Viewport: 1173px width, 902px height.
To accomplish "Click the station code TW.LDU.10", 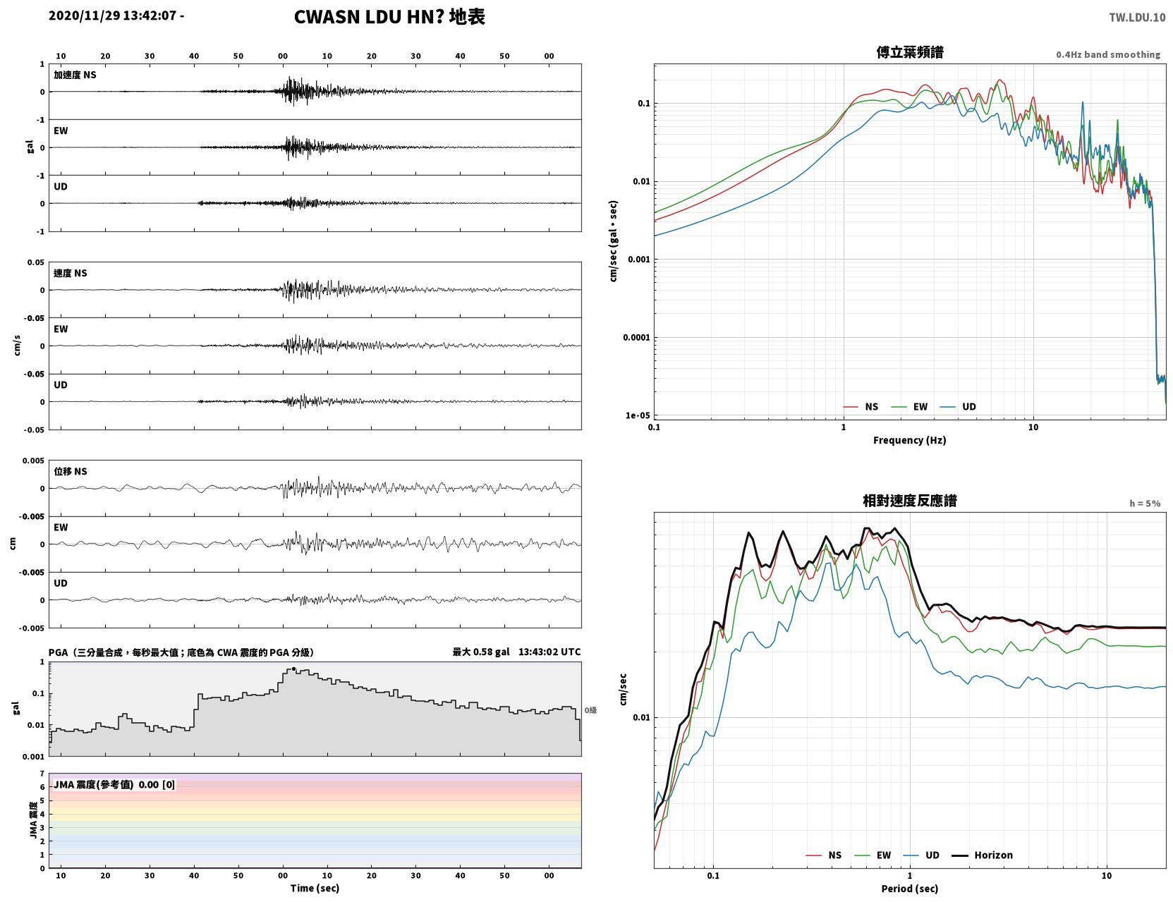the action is click(1137, 18).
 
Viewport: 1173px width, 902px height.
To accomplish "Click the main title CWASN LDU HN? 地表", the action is click(389, 17).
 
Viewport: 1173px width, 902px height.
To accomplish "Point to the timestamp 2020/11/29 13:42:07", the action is click(112, 16).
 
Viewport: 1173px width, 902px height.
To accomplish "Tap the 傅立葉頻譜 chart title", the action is click(910, 52).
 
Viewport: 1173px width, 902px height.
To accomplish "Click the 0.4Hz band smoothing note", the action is click(1107, 54).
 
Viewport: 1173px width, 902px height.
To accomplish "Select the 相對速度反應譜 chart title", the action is click(910, 501).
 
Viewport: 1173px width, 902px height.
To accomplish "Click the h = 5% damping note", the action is click(1144, 504).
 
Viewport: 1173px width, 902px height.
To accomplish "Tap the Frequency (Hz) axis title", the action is click(910, 440).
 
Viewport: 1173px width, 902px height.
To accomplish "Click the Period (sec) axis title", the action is click(910, 889).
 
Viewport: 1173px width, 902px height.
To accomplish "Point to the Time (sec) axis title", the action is click(315, 888).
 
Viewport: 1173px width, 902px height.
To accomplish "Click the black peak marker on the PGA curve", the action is click(293, 669).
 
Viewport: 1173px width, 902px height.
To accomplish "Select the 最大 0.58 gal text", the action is click(481, 652).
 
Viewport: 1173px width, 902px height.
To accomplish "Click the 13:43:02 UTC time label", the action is click(549, 652).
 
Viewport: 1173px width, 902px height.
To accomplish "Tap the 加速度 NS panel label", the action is click(75, 75).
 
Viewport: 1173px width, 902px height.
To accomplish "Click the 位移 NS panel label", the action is click(70, 472).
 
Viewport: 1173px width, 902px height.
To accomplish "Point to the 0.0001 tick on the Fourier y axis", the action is click(636, 338).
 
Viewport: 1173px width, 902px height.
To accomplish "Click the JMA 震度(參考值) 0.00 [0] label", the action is click(114, 784).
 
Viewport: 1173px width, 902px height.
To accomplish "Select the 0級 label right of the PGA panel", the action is click(590, 710).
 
